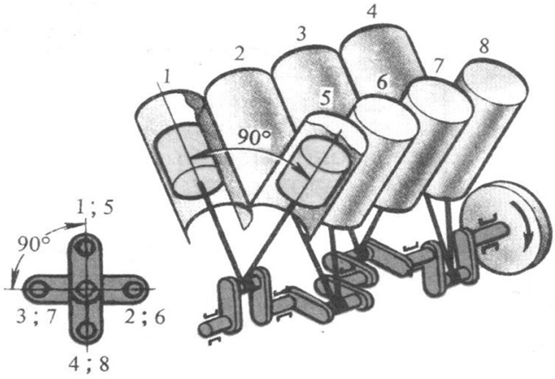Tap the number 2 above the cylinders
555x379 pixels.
pyautogui.click(x=240, y=53)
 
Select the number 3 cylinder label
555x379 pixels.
pyautogui.click(x=301, y=34)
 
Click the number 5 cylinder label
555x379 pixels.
pyautogui.click(x=326, y=98)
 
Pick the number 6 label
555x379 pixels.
pyautogui.click(x=382, y=82)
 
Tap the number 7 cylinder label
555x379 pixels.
pyautogui.click(x=438, y=65)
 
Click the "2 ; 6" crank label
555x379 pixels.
pyautogui.click(x=145, y=317)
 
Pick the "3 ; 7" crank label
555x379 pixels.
pyautogui.click(x=36, y=317)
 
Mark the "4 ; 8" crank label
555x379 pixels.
pyautogui.click(x=89, y=364)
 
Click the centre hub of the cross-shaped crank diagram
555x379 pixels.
pyautogui.click(x=85, y=289)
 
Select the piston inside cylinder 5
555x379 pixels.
pyautogui.click(x=311, y=170)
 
